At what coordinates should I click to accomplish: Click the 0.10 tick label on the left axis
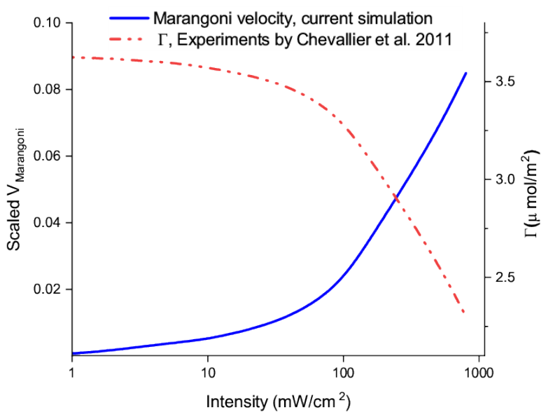tap(47, 23)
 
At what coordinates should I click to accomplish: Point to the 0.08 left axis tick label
tap(47, 89)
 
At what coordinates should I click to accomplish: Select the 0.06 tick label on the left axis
tap(47, 156)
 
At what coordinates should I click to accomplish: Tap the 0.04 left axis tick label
tap(47, 222)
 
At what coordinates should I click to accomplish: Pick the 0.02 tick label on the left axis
tap(47, 289)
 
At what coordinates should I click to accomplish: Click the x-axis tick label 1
tap(72, 373)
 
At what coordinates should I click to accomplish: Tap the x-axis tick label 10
tap(207, 373)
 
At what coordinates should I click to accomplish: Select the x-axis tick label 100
tap(343, 373)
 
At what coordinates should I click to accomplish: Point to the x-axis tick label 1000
tap(479, 373)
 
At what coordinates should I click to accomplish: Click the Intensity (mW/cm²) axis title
tap(278, 401)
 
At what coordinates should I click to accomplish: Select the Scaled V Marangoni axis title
tap(15, 189)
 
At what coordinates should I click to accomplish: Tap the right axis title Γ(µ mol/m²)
tap(531, 193)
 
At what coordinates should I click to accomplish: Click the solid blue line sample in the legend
tap(129, 18)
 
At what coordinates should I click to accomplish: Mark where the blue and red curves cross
tap(396, 198)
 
